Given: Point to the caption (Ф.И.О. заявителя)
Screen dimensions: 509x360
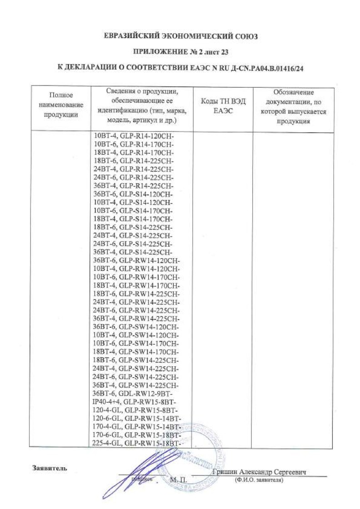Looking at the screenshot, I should [259, 480].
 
